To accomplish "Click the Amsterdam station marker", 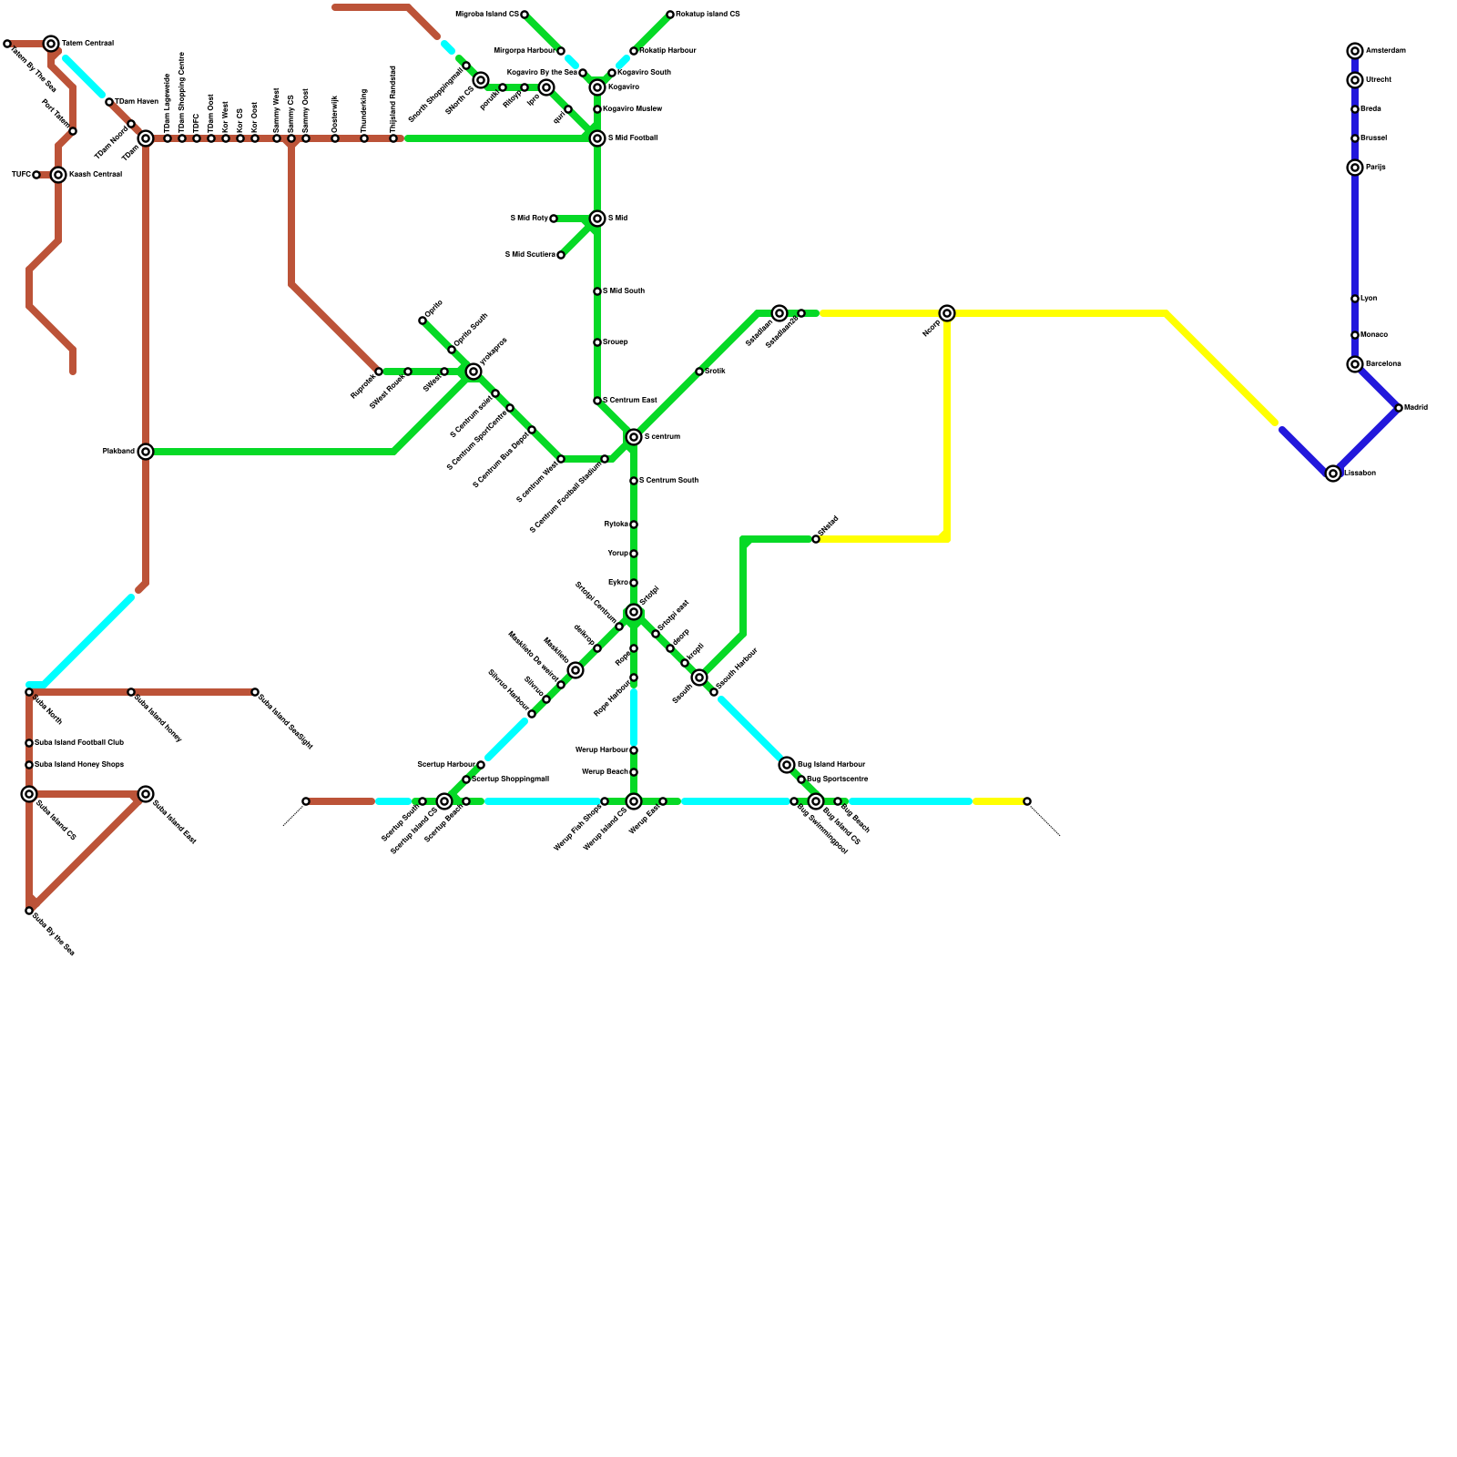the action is (x=1355, y=51).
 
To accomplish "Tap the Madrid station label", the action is (x=1415, y=408).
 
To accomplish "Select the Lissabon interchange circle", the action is (x=1333, y=474).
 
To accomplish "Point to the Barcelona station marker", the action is (x=1355, y=364).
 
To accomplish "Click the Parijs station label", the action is (x=1375, y=168).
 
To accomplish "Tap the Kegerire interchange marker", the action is (x=597, y=87).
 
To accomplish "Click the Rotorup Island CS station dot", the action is (x=670, y=15).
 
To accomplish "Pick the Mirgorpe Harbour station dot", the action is (x=561, y=51).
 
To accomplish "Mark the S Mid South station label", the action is (x=624, y=291).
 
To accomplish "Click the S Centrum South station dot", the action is (x=634, y=481).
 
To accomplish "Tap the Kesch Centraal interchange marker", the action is (x=58, y=175).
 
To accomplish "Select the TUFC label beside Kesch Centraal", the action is (x=21, y=175).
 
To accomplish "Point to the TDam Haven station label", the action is (x=137, y=102).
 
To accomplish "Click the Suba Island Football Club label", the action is (x=79, y=743).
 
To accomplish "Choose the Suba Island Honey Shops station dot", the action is (x=29, y=765).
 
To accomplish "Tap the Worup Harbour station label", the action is (x=601, y=750).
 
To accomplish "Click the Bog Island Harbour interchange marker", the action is (x=787, y=765).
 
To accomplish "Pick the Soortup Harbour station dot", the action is (x=481, y=765).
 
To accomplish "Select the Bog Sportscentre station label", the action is (x=838, y=779).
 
